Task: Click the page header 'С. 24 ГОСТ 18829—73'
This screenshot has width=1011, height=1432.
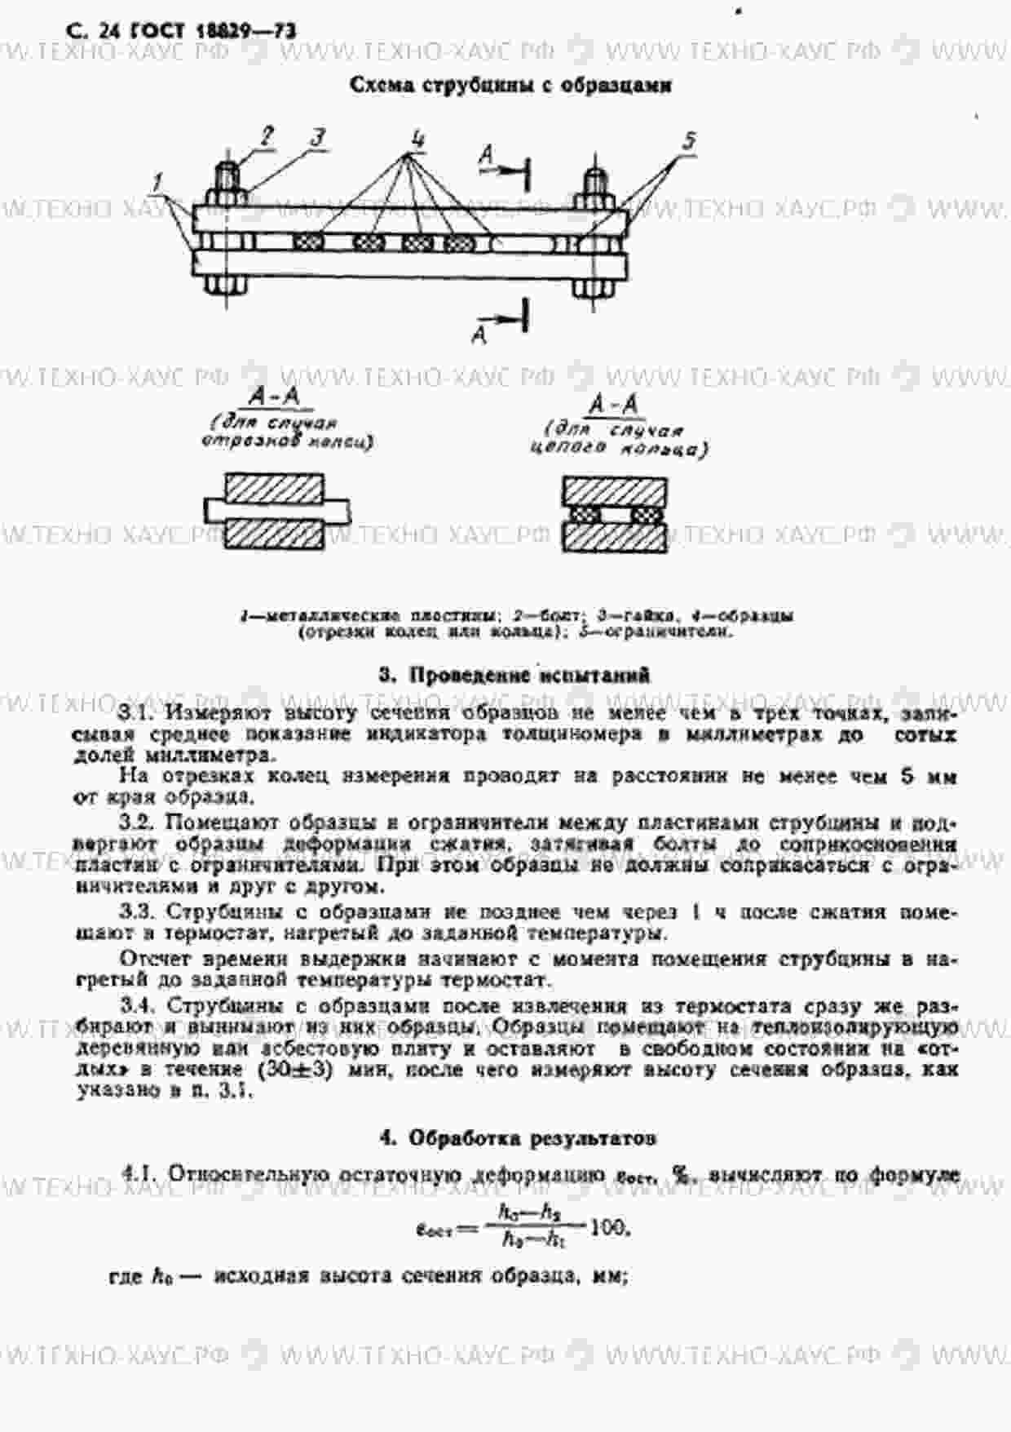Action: pos(181,32)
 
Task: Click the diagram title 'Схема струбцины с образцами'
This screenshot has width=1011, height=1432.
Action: pos(510,85)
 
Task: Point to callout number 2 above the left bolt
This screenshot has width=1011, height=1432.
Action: pos(267,136)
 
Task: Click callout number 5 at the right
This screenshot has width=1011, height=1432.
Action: pos(689,141)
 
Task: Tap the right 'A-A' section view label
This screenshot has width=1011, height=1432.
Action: pos(614,405)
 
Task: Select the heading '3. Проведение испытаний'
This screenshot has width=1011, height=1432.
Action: pos(514,675)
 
